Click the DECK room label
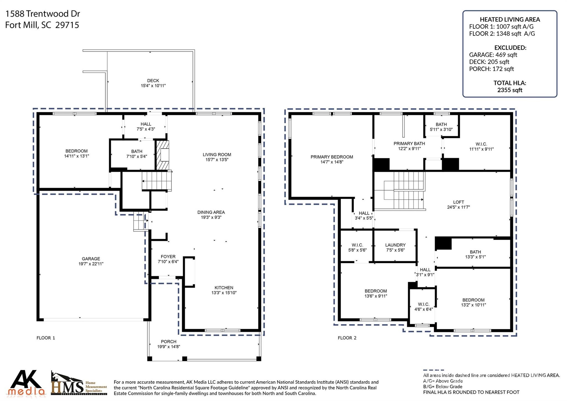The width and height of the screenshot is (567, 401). click(153, 81)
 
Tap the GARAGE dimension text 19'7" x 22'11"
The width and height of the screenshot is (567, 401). click(91, 264)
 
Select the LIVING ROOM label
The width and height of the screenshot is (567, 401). click(217, 155)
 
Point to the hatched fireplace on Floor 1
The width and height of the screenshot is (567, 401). click(163, 155)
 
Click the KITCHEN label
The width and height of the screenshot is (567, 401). click(224, 288)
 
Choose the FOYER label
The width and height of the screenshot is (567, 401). click(168, 257)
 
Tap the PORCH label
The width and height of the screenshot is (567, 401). click(169, 342)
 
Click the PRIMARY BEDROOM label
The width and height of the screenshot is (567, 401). click(332, 157)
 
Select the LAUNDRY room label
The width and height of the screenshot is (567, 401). click(395, 245)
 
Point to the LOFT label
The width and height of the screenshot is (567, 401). click(458, 202)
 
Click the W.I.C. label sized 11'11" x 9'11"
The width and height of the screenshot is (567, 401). click(481, 144)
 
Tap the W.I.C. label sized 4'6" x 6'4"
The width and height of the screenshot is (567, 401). click(423, 304)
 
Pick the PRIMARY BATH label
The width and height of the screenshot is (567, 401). click(409, 144)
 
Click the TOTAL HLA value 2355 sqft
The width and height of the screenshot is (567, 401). click(510, 90)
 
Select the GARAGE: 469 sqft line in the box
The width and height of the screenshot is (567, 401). click(493, 55)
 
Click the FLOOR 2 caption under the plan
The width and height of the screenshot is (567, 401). click(347, 338)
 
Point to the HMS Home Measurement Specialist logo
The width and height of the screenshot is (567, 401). click(79, 384)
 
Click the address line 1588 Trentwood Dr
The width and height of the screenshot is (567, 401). click(43, 14)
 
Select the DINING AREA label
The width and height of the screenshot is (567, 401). click(211, 212)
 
